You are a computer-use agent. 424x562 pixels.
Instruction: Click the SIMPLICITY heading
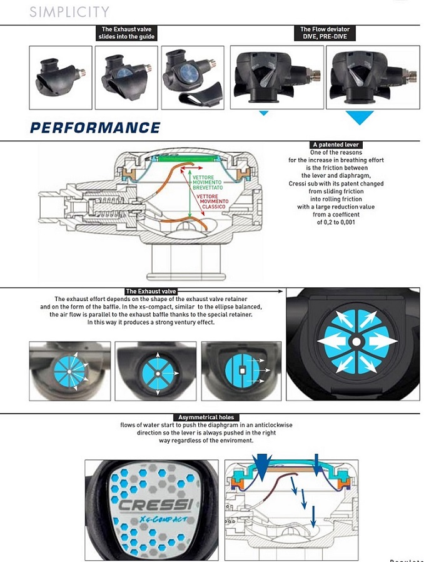[x=69, y=12]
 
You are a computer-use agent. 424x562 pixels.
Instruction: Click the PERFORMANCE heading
[x=95, y=128]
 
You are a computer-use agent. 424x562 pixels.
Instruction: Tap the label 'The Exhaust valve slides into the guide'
[x=126, y=33]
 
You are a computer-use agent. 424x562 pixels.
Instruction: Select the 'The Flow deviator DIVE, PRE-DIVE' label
[x=325, y=33]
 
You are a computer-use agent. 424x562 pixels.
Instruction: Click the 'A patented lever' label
[x=335, y=145]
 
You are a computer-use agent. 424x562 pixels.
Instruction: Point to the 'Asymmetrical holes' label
[x=206, y=417]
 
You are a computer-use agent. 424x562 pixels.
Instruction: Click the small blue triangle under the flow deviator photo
[x=263, y=113]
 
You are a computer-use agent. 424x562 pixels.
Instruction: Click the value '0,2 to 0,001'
[x=336, y=222]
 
